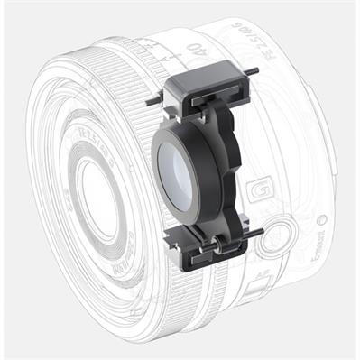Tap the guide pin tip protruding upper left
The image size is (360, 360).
point(150,102)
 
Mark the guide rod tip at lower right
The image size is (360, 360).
point(259,232)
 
